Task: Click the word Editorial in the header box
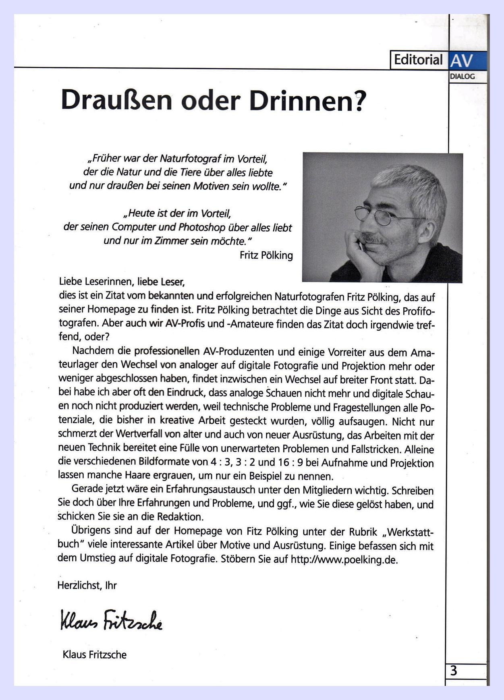pyautogui.click(x=418, y=60)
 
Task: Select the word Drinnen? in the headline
pyautogui.click(x=308, y=100)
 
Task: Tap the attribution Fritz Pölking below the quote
pyautogui.click(x=266, y=255)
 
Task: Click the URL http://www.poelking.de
pyautogui.click(x=344, y=560)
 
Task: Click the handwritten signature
pyautogui.click(x=111, y=620)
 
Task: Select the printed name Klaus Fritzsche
pyautogui.click(x=95, y=655)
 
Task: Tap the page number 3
pyautogui.click(x=454, y=671)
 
